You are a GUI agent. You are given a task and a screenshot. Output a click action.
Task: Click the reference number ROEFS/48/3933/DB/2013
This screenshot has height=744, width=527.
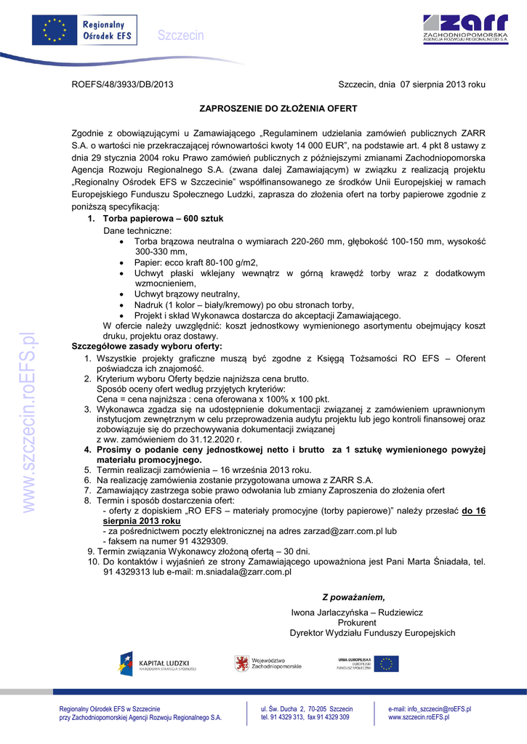coord(122,85)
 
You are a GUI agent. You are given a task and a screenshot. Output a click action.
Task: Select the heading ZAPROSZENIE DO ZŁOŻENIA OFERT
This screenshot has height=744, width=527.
coord(278,108)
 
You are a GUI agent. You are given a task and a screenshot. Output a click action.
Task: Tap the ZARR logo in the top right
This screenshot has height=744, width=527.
coord(455,30)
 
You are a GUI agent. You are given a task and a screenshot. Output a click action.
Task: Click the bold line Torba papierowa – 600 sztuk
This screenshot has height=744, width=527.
coord(163,219)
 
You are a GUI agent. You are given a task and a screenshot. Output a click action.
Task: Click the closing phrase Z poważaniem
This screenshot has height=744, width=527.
coord(354,597)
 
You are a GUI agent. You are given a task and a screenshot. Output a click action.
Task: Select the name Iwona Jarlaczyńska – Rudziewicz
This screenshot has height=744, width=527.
coord(357,613)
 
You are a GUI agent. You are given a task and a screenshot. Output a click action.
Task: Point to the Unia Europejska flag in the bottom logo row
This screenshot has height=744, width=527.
coord(386,663)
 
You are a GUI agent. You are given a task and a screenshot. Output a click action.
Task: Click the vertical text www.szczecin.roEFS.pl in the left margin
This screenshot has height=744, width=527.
coord(28,423)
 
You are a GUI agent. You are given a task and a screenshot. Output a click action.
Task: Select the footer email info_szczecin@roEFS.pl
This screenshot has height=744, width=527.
coord(430,708)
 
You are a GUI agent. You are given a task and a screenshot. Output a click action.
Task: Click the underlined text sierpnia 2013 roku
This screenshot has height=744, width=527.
coord(141,521)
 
